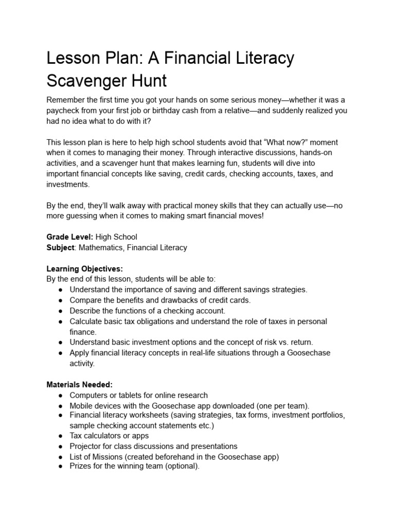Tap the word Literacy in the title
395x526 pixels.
[x=261, y=58]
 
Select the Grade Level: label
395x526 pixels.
[x=70, y=237]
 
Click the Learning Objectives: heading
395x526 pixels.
[x=84, y=269]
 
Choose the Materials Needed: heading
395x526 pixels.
[x=79, y=384]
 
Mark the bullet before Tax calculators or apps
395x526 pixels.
[x=61, y=436]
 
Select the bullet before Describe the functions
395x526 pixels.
[x=61, y=311]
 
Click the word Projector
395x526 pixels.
[x=86, y=446]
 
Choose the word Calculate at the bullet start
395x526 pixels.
[x=86, y=321]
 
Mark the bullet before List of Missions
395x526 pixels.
[x=61, y=457]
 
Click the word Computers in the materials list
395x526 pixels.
[x=88, y=395]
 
